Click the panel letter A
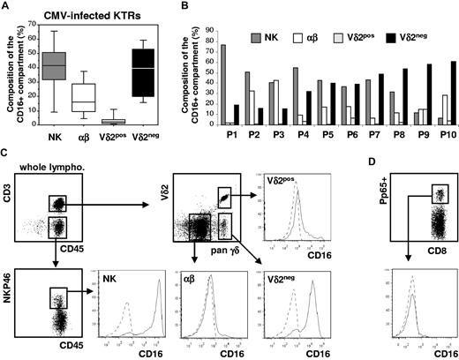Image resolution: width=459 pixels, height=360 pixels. [7, 8]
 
